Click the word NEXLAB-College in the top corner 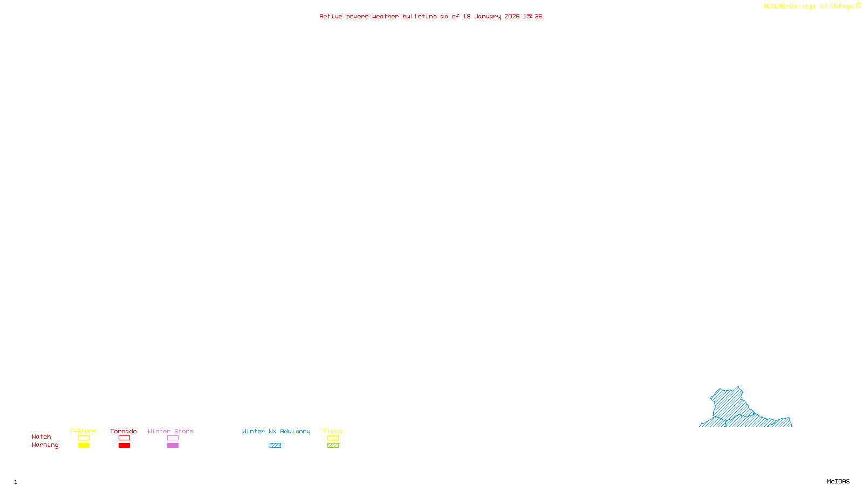point(789,6)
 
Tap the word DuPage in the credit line point(842,6)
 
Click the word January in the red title point(487,17)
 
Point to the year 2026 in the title point(512,17)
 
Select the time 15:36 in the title point(532,17)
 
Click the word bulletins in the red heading point(419,17)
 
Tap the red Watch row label point(42,437)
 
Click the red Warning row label point(45,445)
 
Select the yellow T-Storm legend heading point(83,431)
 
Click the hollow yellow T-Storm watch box point(84,438)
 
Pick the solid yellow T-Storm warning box point(84,446)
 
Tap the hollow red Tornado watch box point(124,438)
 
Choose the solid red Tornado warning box point(124,446)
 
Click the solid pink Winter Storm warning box point(173,446)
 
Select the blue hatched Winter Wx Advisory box point(275,446)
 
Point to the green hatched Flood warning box point(333,446)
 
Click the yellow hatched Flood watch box point(333,438)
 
